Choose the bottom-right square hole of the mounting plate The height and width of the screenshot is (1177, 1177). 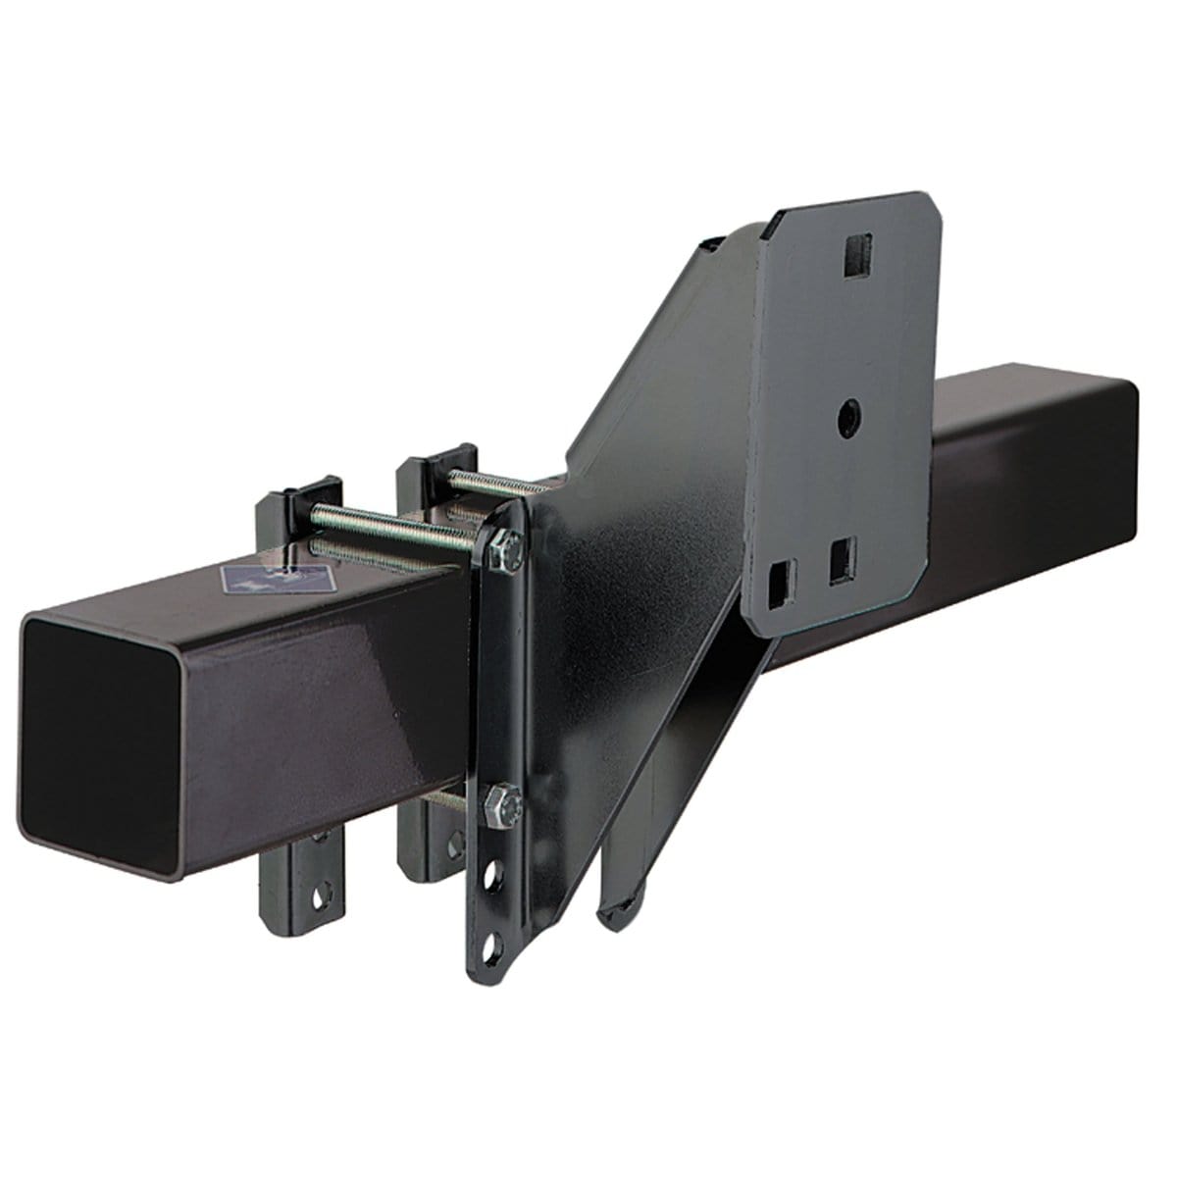point(842,562)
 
